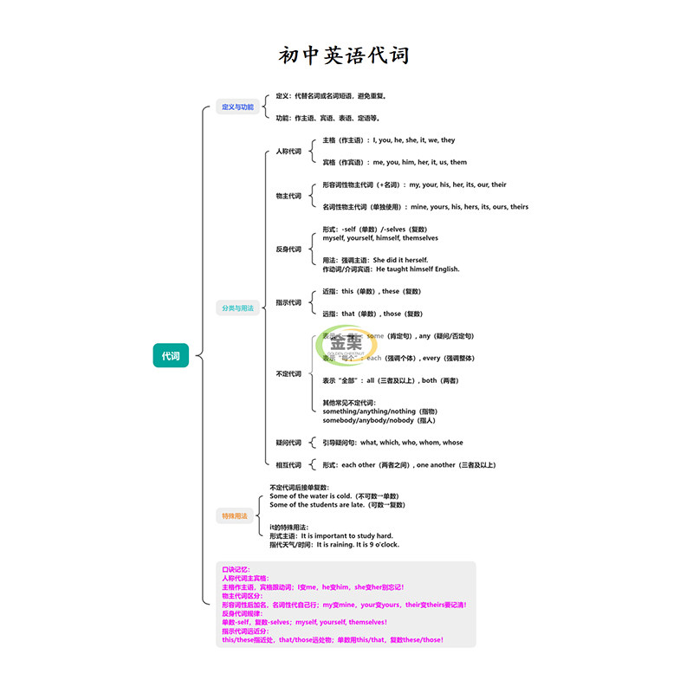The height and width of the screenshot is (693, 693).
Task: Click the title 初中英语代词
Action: pyautogui.click(x=344, y=56)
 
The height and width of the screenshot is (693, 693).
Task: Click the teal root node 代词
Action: pyautogui.click(x=171, y=355)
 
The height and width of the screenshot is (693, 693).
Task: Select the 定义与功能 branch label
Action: pyautogui.click(x=237, y=107)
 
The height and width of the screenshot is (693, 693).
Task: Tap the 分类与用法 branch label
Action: pyautogui.click(x=237, y=308)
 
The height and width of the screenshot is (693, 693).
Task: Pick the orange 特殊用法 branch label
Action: pyautogui.click(x=234, y=515)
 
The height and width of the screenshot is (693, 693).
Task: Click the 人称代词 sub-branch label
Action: pyautogui.click(x=288, y=152)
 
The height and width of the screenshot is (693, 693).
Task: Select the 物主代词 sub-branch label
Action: pyautogui.click(x=288, y=196)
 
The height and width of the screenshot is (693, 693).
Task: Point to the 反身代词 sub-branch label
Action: pyautogui.click(x=288, y=249)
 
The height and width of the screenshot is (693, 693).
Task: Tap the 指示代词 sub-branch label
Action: pyautogui.click(x=288, y=302)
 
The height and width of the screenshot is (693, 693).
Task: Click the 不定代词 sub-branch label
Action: pyautogui.click(x=288, y=373)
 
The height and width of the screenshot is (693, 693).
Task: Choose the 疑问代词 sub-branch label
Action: pyautogui.click(x=288, y=443)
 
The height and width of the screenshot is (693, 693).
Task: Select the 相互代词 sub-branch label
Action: pyautogui.click(x=288, y=465)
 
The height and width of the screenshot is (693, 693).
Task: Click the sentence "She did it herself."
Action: pyautogui.click(x=400, y=260)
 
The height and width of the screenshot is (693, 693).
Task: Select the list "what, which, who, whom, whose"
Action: pyautogui.click(x=411, y=443)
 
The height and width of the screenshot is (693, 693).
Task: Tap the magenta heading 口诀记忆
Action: pyautogui.click(x=236, y=569)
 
